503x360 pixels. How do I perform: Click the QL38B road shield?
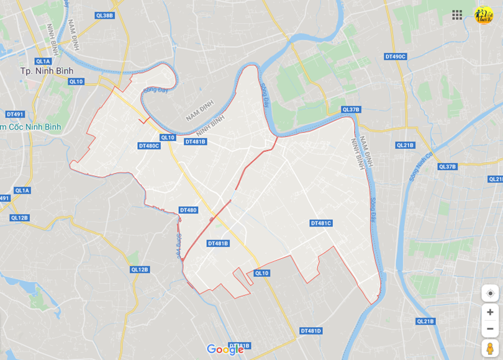[x=105, y=15]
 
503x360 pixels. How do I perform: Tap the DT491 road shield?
[x=15, y=114]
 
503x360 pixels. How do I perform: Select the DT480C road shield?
[x=149, y=146]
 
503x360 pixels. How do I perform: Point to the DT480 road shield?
[x=188, y=210]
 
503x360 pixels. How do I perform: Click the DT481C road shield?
[x=321, y=223]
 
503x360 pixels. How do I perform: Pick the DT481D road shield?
[x=311, y=331]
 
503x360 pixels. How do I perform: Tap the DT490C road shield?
[x=395, y=56]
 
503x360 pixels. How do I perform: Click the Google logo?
[x=225, y=349]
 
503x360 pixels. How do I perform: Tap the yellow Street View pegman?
[x=490, y=348]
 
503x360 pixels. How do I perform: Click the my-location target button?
[x=490, y=294]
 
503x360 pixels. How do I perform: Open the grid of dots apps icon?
[x=457, y=15]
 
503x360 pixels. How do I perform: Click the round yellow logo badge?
[x=483, y=15]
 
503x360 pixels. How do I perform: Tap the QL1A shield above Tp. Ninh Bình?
[x=43, y=61]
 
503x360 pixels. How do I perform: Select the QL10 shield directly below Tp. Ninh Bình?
[x=76, y=81]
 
